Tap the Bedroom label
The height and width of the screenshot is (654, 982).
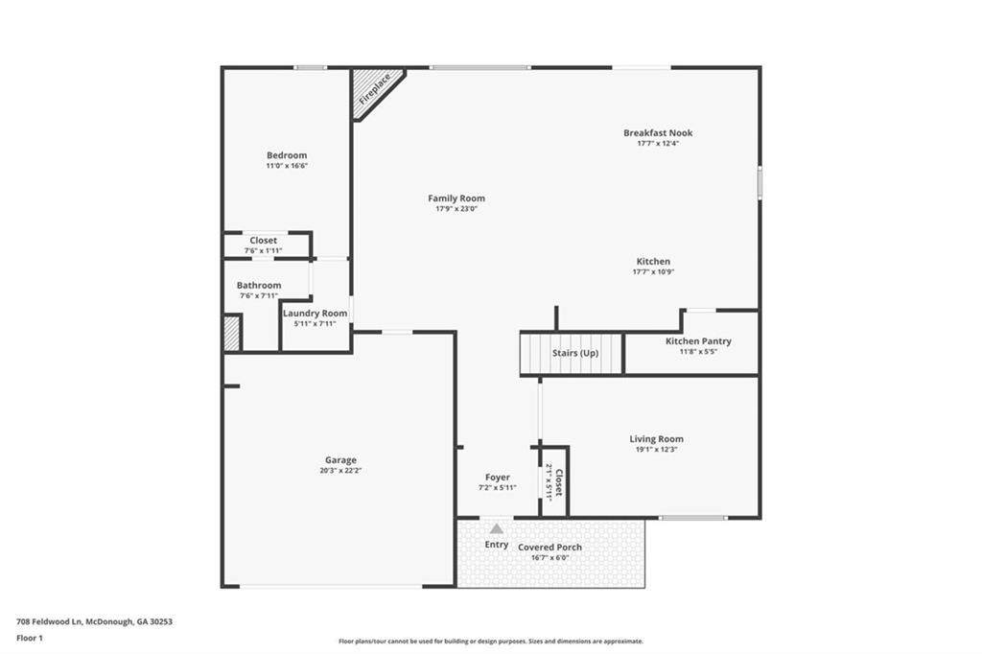[287, 155]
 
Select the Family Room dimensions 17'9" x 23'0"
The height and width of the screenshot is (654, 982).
[456, 209]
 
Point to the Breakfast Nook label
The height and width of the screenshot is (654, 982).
[658, 132]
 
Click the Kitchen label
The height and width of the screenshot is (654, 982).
[653, 261]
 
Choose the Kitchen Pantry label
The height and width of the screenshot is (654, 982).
[698, 341]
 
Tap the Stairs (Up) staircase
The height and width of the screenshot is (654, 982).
[572, 353]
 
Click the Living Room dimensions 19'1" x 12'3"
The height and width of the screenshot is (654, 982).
[656, 449]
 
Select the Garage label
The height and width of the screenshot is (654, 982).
[340, 459]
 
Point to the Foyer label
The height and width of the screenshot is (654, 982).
[498, 478]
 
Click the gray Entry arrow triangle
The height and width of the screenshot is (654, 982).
[497, 528]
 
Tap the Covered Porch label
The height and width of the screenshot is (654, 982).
[549, 547]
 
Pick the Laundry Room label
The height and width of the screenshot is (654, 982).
[315, 314]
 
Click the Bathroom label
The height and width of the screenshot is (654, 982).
[259, 285]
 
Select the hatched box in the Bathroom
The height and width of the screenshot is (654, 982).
[232, 334]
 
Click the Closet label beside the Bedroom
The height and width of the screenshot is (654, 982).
[263, 241]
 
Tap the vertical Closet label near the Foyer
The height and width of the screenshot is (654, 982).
[559, 482]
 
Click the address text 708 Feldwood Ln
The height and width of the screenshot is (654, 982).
[50, 622]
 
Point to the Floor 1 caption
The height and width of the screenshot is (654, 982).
[30, 639]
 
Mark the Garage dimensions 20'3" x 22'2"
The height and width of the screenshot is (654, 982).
[340, 471]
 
